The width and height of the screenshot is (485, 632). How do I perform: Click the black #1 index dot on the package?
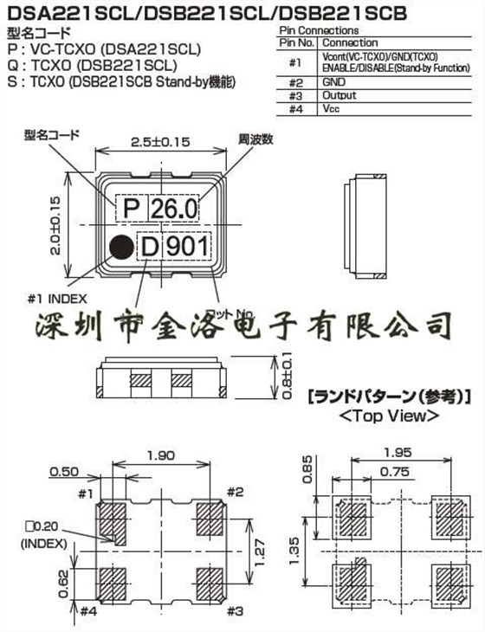(121, 247)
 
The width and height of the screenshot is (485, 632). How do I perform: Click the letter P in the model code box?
(132, 210)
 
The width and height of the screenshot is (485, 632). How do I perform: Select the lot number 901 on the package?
(187, 248)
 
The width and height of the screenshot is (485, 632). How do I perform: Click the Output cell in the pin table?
(339, 96)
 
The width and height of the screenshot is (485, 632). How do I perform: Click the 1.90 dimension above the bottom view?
(162, 456)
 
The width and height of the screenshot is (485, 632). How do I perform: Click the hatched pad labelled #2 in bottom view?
(210, 521)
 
